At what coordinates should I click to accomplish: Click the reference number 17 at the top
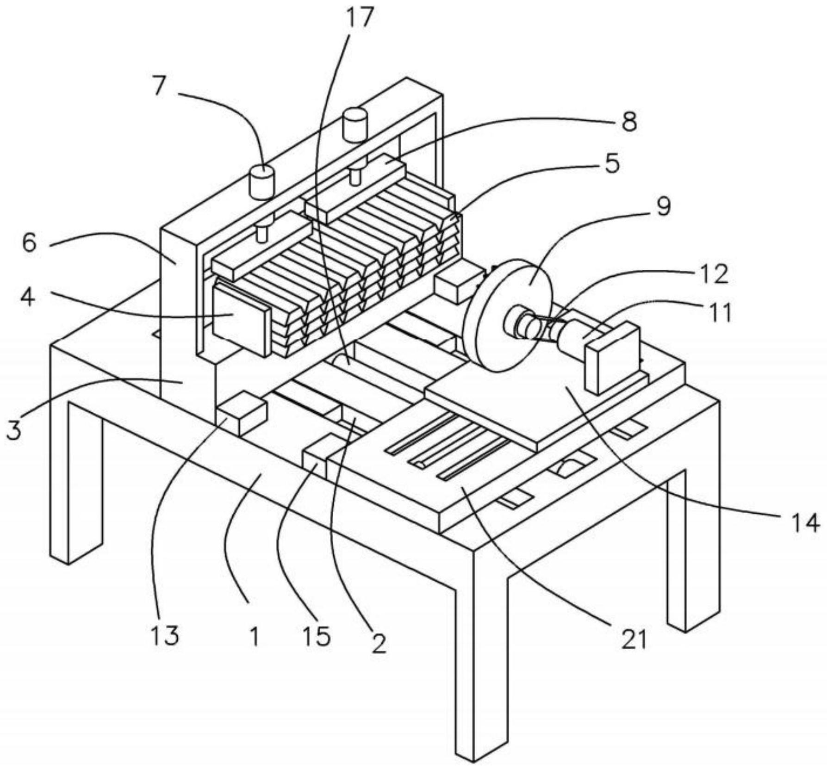click(x=359, y=17)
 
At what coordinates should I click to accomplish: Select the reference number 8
click(x=628, y=122)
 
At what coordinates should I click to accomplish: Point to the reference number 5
click(x=612, y=163)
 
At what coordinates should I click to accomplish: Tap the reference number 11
click(x=719, y=312)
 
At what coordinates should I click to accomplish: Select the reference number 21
click(x=633, y=640)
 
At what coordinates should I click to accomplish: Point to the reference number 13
click(x=165, y=635)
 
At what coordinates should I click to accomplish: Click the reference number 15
click(x=317, y=636)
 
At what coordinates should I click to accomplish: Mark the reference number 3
click(x=13, y=429)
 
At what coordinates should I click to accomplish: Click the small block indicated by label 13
click(x=242, y=413)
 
